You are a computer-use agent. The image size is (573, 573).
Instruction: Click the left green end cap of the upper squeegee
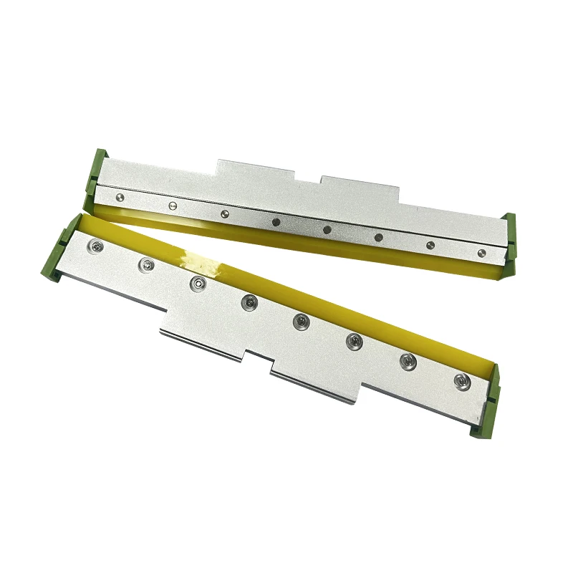(x=96, y=172)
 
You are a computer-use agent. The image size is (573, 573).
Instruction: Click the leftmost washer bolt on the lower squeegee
(x=93, y=247)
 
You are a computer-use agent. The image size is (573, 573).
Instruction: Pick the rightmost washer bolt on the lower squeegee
(x=460, y=381)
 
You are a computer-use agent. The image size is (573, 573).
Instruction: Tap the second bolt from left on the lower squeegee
(x=146, y=265)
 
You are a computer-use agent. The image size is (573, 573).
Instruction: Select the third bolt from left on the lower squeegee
(x=196, y=284)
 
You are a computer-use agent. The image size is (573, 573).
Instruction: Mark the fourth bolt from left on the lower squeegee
(x=248, y=302)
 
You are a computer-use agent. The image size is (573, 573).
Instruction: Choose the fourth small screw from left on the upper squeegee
(x=276, y=221)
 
